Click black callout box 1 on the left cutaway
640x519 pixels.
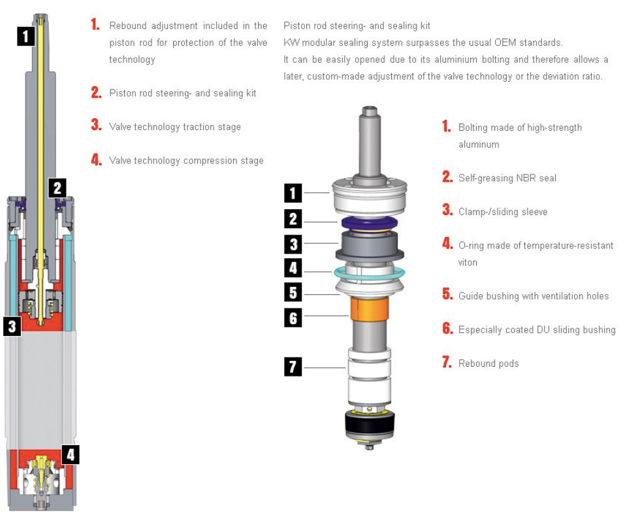click(x=26, y=37)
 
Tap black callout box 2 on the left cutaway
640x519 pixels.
click(x=57, y=188)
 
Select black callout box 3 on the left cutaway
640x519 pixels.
click(x=12, y=326)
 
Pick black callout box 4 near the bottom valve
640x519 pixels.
click(x=71, y=454)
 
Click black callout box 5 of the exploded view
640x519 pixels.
click(x=293, y=293)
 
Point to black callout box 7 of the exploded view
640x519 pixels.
click(x=293, y=366)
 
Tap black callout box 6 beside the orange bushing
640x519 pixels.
click(x=293, y=318)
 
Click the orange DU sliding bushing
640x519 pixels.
click(x=370, y=309)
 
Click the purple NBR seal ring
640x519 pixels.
click(x=370, y=223)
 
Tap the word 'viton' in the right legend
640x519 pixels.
click(x=468, y=262)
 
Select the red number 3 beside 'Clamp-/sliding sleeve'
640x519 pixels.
click(x=447, y=210)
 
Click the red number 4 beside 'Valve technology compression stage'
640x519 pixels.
click(x=97, y=159)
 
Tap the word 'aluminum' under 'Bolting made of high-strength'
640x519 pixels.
click(x=479, y=144)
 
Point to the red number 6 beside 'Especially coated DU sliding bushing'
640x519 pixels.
click(x=447, y=328)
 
